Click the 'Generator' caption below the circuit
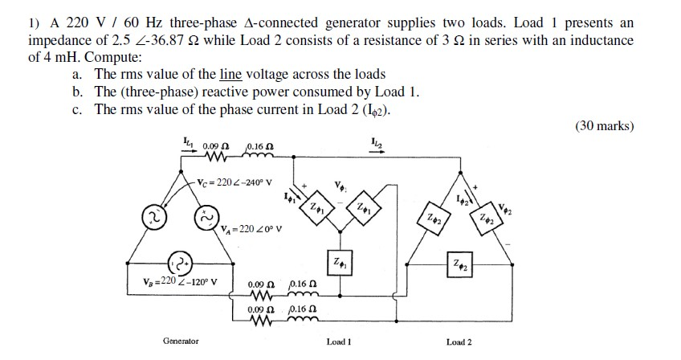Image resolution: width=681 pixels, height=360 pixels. [x=181, y=342]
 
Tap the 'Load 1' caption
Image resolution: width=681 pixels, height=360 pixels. [x=338, y=342]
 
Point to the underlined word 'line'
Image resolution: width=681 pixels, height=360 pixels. [x=231, y=74]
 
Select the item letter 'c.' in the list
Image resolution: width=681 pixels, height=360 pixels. [x=77, y=108]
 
